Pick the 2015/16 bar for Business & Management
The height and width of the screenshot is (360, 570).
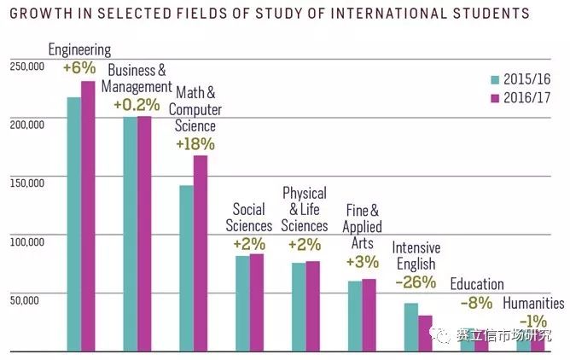click(130, 234)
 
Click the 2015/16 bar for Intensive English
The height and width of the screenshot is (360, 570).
click(411, 327)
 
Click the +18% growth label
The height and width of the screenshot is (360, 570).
click(195, 144)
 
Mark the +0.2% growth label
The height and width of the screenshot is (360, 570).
click(137, 104)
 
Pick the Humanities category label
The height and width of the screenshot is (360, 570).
click(533, 303)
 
